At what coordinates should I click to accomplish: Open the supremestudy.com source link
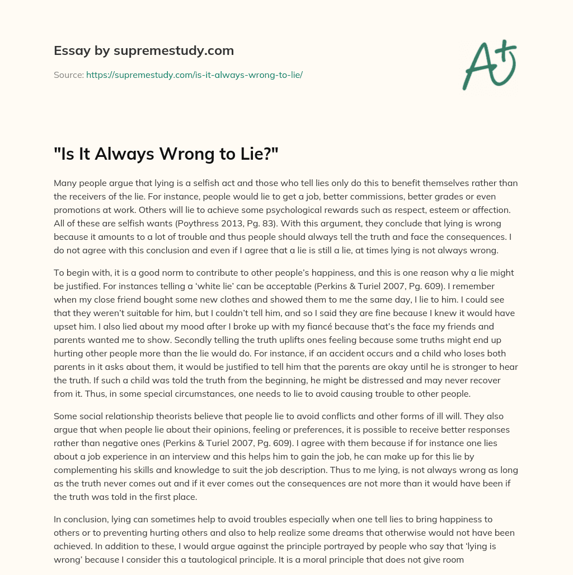click(194, 75)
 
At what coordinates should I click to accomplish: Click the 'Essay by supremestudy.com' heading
click(144, 51)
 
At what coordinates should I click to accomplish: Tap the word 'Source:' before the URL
click(69, 75)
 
